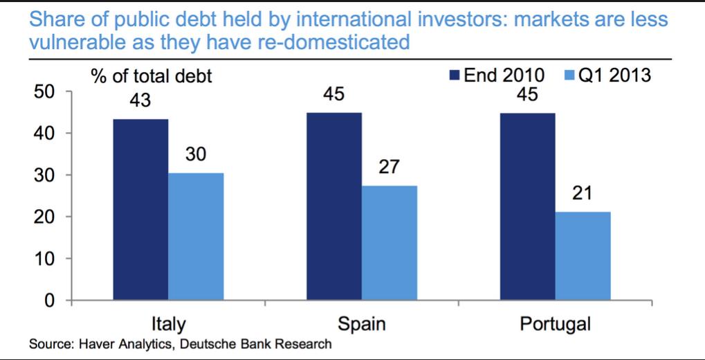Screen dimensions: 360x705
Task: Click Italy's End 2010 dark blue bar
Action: (x=140, y=210)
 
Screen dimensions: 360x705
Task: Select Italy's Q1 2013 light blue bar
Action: (x=196, y=237)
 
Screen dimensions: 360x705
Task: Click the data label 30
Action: (x=196, y=156)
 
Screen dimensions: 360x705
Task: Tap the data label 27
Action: (x=390, y=168)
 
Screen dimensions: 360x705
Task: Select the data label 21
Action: (x=583, y=195)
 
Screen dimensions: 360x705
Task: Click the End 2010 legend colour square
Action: (x=455, y=75)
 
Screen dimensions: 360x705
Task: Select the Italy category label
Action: (x=168, y=323)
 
